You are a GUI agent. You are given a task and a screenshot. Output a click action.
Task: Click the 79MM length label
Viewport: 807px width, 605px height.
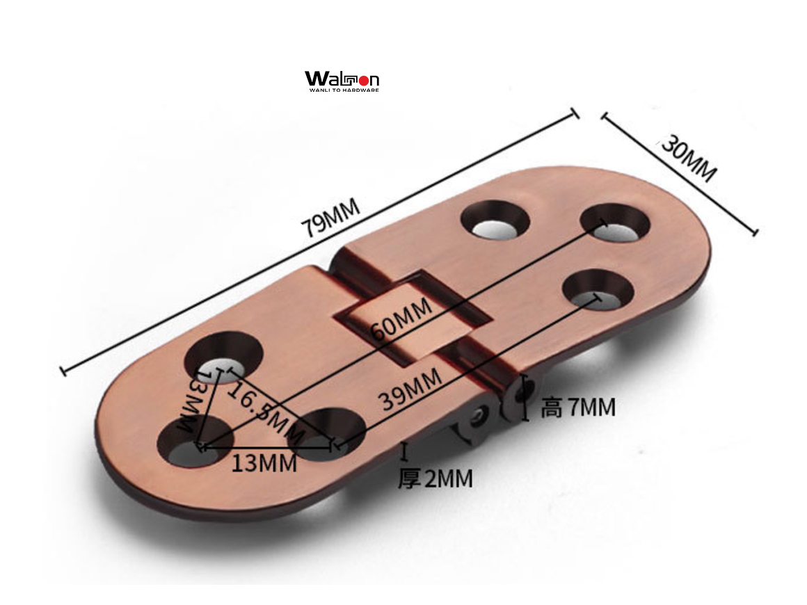[330, 218]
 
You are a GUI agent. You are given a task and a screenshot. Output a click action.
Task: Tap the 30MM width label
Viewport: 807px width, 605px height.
[687, 159]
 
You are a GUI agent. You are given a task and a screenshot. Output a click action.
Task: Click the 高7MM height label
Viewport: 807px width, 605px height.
[578, 407]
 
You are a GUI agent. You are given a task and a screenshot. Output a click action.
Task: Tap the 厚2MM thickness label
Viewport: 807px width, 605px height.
[436, 479]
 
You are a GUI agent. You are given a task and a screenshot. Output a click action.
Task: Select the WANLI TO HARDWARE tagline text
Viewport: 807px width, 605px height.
[344, 90]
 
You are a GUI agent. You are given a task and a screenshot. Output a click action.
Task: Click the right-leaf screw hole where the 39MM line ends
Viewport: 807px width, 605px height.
[598, 290]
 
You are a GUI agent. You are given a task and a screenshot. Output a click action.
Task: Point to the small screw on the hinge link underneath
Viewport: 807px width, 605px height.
[479, 415]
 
